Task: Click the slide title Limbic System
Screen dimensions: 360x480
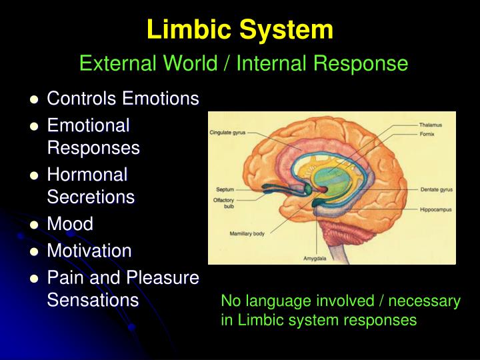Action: click(x=240, y=29)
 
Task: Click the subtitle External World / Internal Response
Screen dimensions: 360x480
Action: click(x=243, y=63)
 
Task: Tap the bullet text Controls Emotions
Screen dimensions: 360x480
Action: click(x=123, y=99)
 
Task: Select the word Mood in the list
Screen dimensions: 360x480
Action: click(x=70, y=223)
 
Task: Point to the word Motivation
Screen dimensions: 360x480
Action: click(x=89, y=251)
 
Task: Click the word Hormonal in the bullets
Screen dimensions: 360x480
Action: click(x=87, y=175)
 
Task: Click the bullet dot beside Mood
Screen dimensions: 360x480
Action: click(x=34, y=225)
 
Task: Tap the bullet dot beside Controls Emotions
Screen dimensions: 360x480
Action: click(x=34, y=100)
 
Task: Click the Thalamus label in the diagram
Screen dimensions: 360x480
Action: click(x=432, y=125)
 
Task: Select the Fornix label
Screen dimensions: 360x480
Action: click(x=427, y=133)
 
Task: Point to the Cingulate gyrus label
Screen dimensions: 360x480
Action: click(x=228, y=133)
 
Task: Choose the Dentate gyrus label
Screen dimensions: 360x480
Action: click(x=436, y=189)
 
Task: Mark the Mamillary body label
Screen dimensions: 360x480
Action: click(x=248, y=234)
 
